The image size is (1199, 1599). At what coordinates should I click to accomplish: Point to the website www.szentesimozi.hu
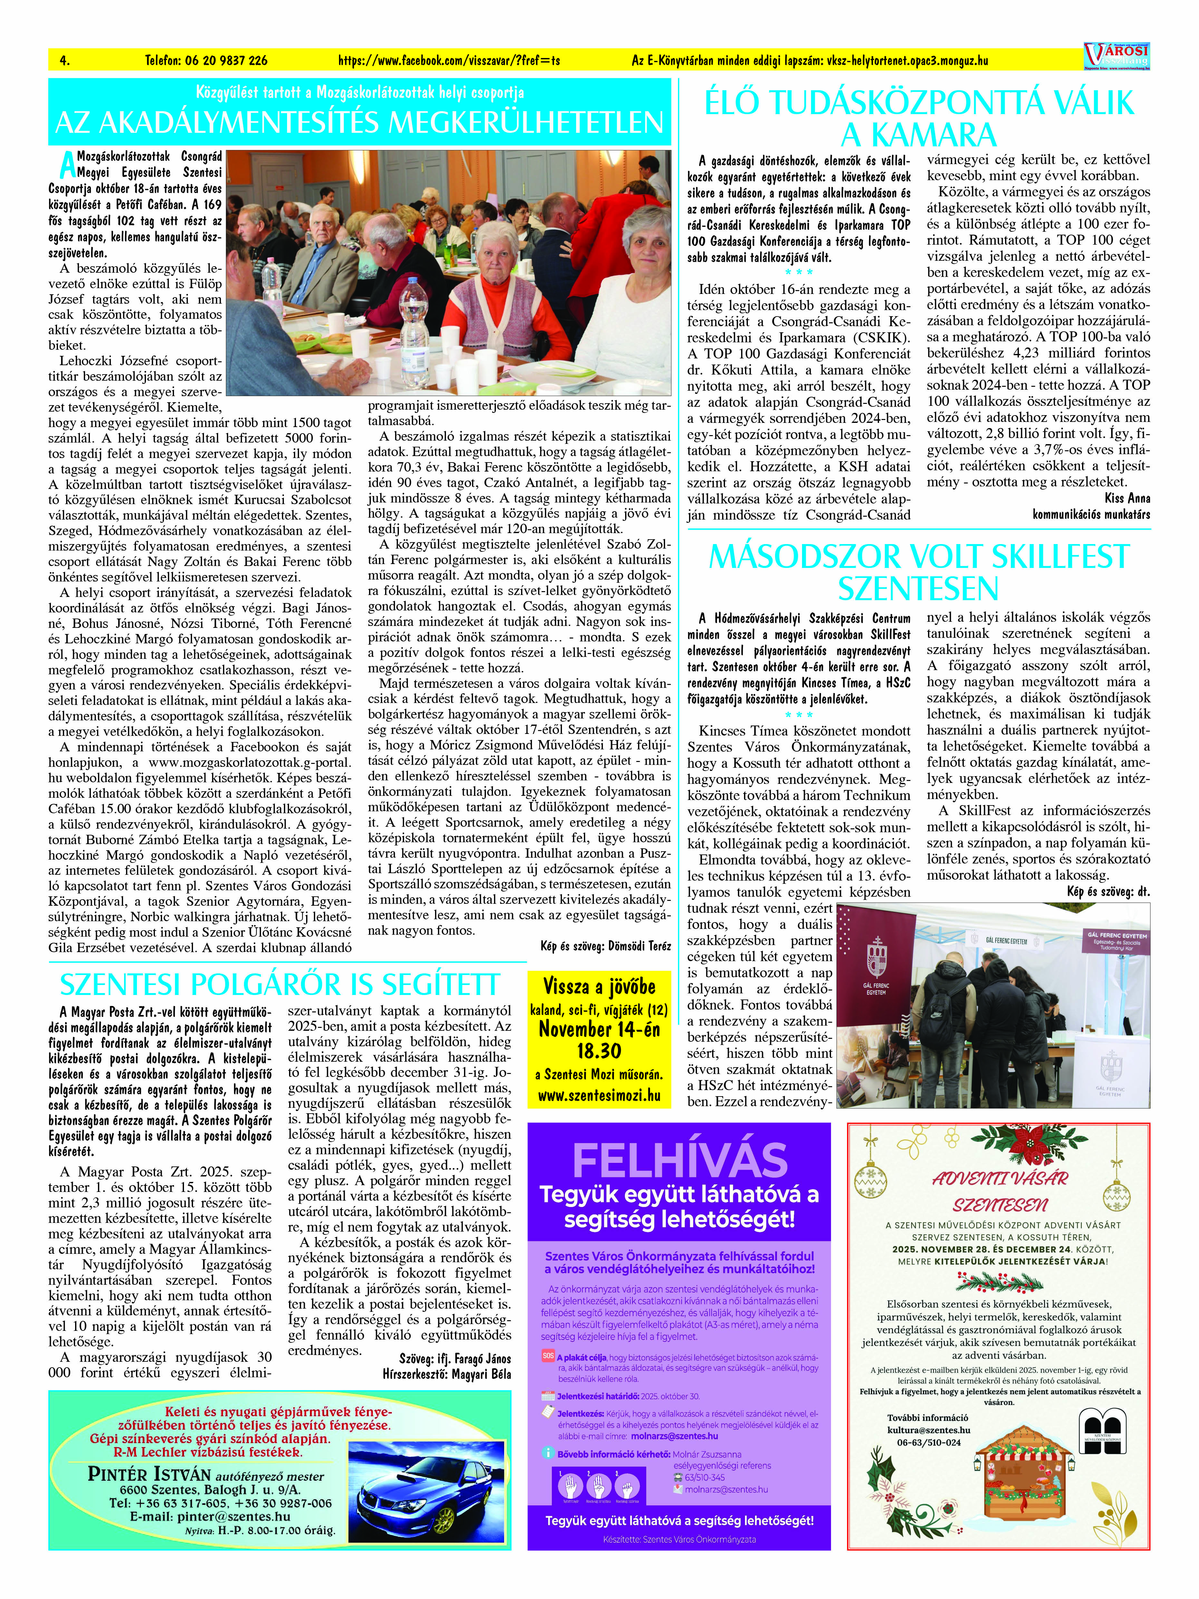[599, 1095]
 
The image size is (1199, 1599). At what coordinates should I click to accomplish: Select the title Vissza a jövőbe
[599, 987]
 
